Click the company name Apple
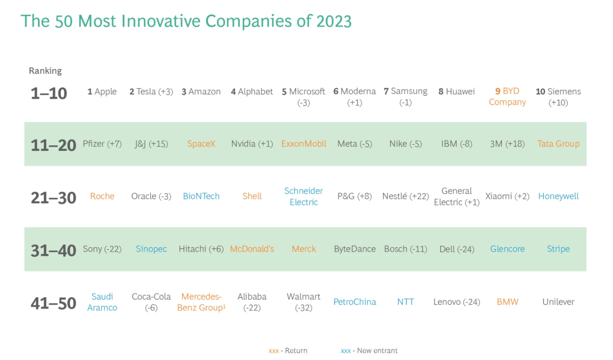(x=106, y=92)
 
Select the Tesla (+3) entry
(x=151, y=92)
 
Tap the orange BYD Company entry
(x=507, y=96)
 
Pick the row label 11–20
(x=54, y=145)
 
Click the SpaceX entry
(x=201, y=144)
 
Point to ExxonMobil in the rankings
(x=304, y=144)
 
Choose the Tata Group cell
(x=558, y=144)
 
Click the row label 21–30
(x=54, y=198)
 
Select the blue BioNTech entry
(x=201, y=196)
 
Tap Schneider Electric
(x=303, y=196)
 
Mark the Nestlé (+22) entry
(x=406, y=196)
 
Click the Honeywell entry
(x=558, y=196)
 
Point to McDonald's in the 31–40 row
(x=252, y=249)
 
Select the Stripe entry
(x=558, y=249)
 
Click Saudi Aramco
(x=102, y=302)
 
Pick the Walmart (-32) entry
(x=303, y=302)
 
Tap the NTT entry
(x=406, y=302)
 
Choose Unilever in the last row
(x=558, y=302)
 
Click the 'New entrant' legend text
(x=377, y=350)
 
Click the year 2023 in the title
(x=334, y=21)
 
